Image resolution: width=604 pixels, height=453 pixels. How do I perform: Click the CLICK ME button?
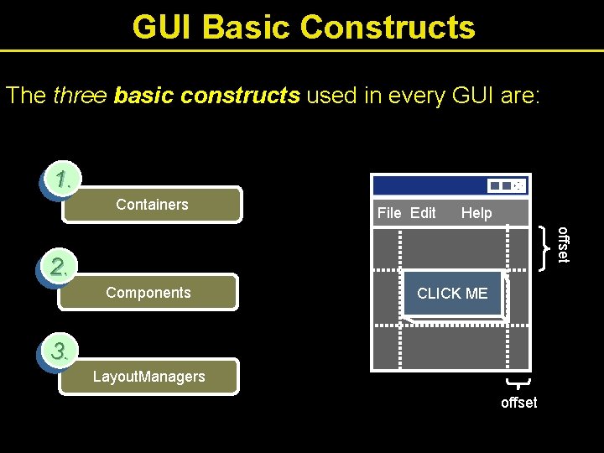(x=452, y=293)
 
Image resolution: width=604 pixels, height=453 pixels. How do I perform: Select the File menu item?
(x=389, y=213)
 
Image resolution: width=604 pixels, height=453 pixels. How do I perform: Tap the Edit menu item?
(x=423, y=213)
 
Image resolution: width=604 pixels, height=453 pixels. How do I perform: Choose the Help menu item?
(x=476, y=213)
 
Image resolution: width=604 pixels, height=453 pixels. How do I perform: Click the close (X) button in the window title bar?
(x=519, y=186)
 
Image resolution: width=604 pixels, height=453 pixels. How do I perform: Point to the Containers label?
(x=152, y=204)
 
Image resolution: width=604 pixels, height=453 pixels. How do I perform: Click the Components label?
(x=148, y=293)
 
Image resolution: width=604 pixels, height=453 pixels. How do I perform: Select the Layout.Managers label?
(x=148, y=377)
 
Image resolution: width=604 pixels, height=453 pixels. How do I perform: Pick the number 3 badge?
(x=60, y=351)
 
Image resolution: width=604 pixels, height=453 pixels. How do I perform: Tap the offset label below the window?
(x=518, y=403)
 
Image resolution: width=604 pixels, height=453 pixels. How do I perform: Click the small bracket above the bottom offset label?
(x=519, y=383)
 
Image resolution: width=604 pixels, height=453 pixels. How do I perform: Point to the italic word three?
(x=80, y=96)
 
